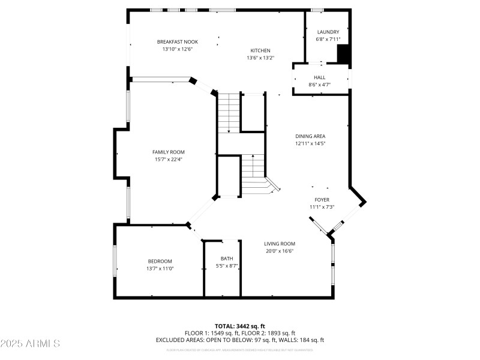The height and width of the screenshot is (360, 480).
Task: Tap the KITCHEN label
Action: coord(260,50)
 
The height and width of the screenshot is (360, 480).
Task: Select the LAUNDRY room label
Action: coord(328,32)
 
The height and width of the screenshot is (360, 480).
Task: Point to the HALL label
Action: coord(319,77)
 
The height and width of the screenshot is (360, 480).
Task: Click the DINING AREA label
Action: coord(310,136)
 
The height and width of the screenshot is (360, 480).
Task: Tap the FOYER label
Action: coord(322,200)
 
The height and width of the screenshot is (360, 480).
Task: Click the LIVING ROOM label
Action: coord(280,244)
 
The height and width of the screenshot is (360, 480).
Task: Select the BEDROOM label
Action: coord(160,261)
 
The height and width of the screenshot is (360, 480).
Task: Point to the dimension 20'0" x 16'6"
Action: coord(280,251)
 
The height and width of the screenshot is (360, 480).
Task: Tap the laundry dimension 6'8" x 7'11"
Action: coord(328,40)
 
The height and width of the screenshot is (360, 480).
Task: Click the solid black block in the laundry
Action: coord(343,54)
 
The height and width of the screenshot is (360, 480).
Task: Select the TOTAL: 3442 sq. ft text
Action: coord(240,326)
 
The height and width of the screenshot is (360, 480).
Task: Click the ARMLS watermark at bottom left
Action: coord(30,344)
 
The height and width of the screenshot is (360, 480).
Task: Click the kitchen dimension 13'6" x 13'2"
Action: coord(260,58)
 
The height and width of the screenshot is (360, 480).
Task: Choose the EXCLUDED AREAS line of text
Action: coord(240,340)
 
